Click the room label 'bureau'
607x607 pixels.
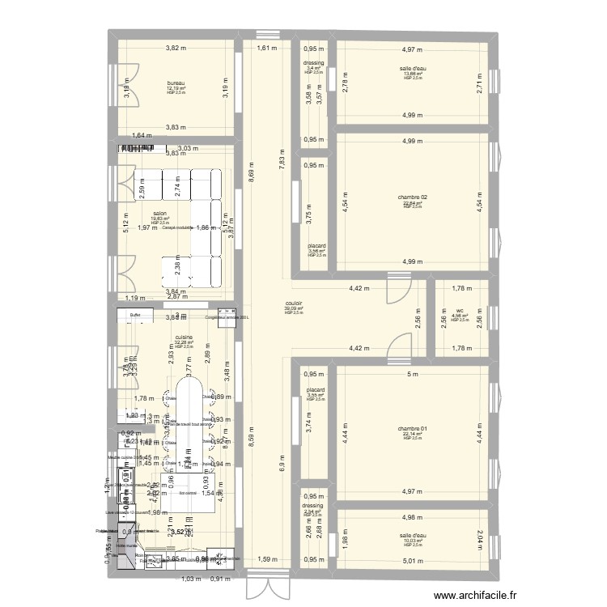[x=176, y=83]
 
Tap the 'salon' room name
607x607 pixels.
[x=159, y=214]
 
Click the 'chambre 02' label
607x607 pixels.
[x=412, y=197]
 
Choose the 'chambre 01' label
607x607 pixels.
[x=412, y=428]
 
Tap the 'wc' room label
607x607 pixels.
[x=459, y=310]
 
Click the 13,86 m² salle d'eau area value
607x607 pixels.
[x=412, y=74]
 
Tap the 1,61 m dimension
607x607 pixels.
[x=267, y=49]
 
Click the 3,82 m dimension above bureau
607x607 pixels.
[x=176, y=49]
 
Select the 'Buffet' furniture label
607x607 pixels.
[x=135, y=316]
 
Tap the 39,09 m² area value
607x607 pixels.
[x=293, y=308]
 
